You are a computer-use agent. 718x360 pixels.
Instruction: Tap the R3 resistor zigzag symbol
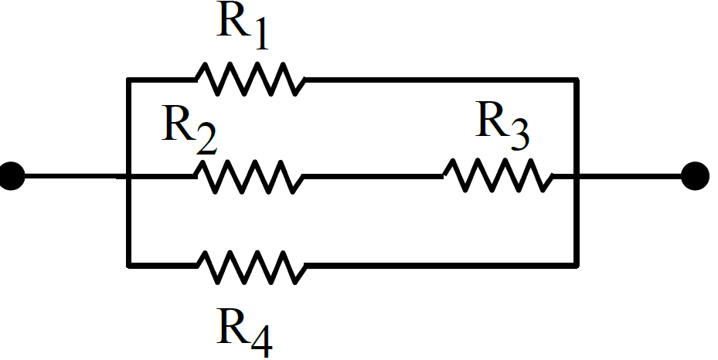point(498,175)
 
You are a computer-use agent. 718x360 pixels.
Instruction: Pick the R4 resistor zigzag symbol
point(251,267)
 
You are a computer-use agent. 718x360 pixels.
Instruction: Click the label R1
point(242,25)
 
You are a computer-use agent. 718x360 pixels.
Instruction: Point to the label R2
point(189,130)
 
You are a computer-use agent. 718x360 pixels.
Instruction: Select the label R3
point(502,126)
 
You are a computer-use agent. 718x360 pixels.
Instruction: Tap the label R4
point(245,332)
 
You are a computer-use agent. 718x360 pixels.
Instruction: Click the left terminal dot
point(11,175)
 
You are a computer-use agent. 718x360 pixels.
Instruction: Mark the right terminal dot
point(695,175)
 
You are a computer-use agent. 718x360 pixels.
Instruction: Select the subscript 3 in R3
point(520,136)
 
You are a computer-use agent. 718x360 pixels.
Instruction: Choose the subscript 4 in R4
point(262,342)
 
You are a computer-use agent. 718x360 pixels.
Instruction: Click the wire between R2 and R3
point(373,176)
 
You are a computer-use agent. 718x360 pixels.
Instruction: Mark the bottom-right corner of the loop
point(577,265)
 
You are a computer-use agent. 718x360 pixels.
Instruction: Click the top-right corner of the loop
point(577,80)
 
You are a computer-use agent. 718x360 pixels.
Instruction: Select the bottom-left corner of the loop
point(129,265)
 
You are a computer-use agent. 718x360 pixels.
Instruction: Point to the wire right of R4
point(441,265)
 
